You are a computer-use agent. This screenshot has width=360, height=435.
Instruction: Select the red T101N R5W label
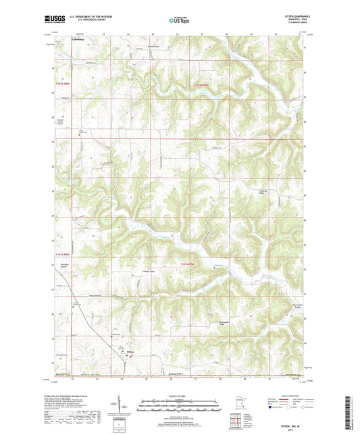click(x=190, y=262)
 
